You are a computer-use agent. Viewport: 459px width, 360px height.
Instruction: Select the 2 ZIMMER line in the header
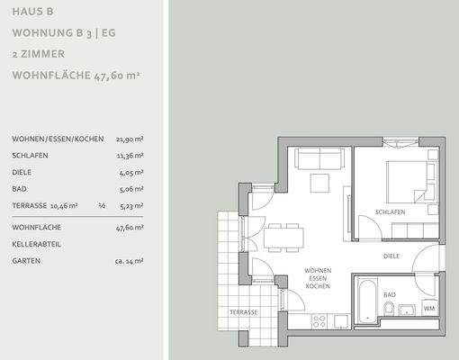tap(38, 54)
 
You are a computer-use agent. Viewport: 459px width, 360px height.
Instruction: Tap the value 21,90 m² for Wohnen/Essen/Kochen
tap(130, 139)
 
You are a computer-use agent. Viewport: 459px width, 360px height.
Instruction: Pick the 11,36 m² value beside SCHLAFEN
tap(130, 155)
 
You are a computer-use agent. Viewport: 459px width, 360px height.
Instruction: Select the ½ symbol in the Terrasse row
tap(102, 205)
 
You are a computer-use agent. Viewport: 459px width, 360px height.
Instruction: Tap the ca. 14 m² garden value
tap(129, 260)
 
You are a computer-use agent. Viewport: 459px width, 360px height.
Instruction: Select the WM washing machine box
tap(429, 309)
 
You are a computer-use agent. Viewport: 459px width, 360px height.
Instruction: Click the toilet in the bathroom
tap(388, 310)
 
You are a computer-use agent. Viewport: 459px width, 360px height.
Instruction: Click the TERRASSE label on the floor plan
tap(242, 311)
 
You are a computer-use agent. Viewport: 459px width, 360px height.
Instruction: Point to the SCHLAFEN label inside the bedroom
tap(391, 212)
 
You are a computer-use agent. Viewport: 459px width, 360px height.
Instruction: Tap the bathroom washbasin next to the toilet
tap(407, 311)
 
